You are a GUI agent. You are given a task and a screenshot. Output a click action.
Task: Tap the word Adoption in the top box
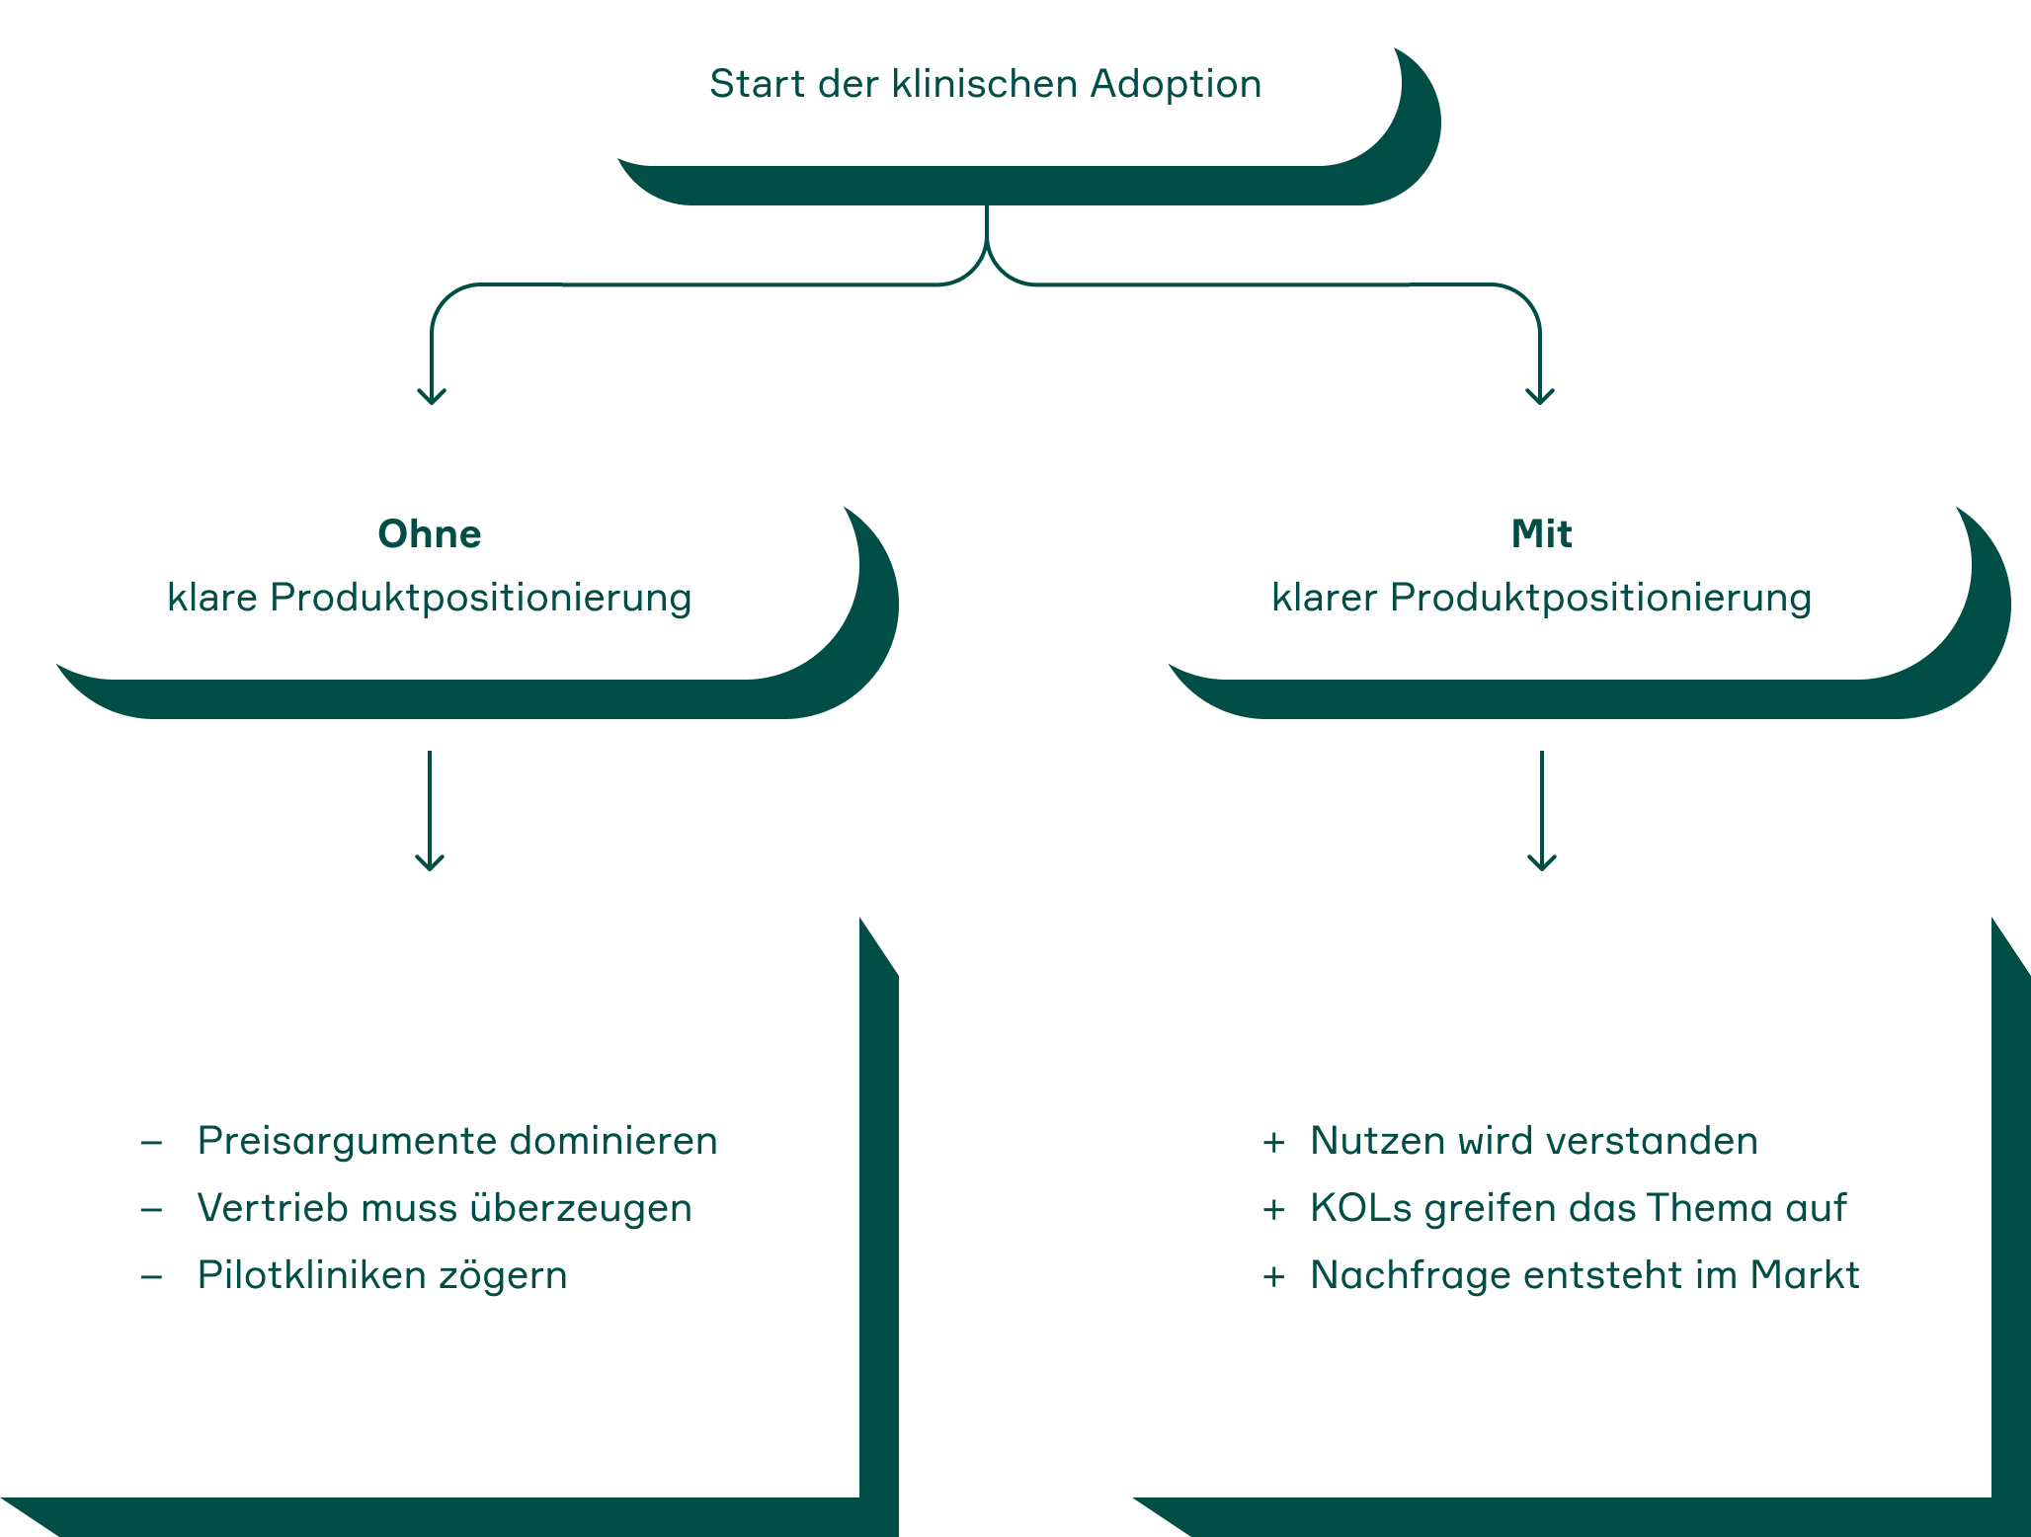[x=1176, y=85]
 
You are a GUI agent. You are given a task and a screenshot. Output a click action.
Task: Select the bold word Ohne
[x=430, y=533]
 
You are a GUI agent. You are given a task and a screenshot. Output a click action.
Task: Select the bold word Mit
[x=1541, y=533]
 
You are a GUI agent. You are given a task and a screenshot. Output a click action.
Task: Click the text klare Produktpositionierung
[x=430, y=598]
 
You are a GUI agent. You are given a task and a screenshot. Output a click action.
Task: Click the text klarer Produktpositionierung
[x=1541, y=598]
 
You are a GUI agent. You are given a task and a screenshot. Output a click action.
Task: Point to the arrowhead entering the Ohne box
[x=432, y=396]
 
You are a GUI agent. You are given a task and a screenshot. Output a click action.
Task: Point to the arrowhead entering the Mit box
[x=1540, y=396]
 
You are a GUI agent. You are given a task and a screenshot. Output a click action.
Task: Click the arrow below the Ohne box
[x=430, y=810]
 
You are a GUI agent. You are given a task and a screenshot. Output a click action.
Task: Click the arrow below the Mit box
[x=1542, y=810]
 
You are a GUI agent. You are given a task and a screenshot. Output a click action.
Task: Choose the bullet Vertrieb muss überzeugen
[x=445, y=1208]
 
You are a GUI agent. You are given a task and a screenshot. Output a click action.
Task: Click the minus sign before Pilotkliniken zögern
[x=151, y=1276]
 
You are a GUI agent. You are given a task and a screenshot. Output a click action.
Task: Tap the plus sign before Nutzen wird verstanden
[x=1273, y=1143]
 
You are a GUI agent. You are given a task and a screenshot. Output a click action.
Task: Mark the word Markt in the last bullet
[x=1804, y=1275]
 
